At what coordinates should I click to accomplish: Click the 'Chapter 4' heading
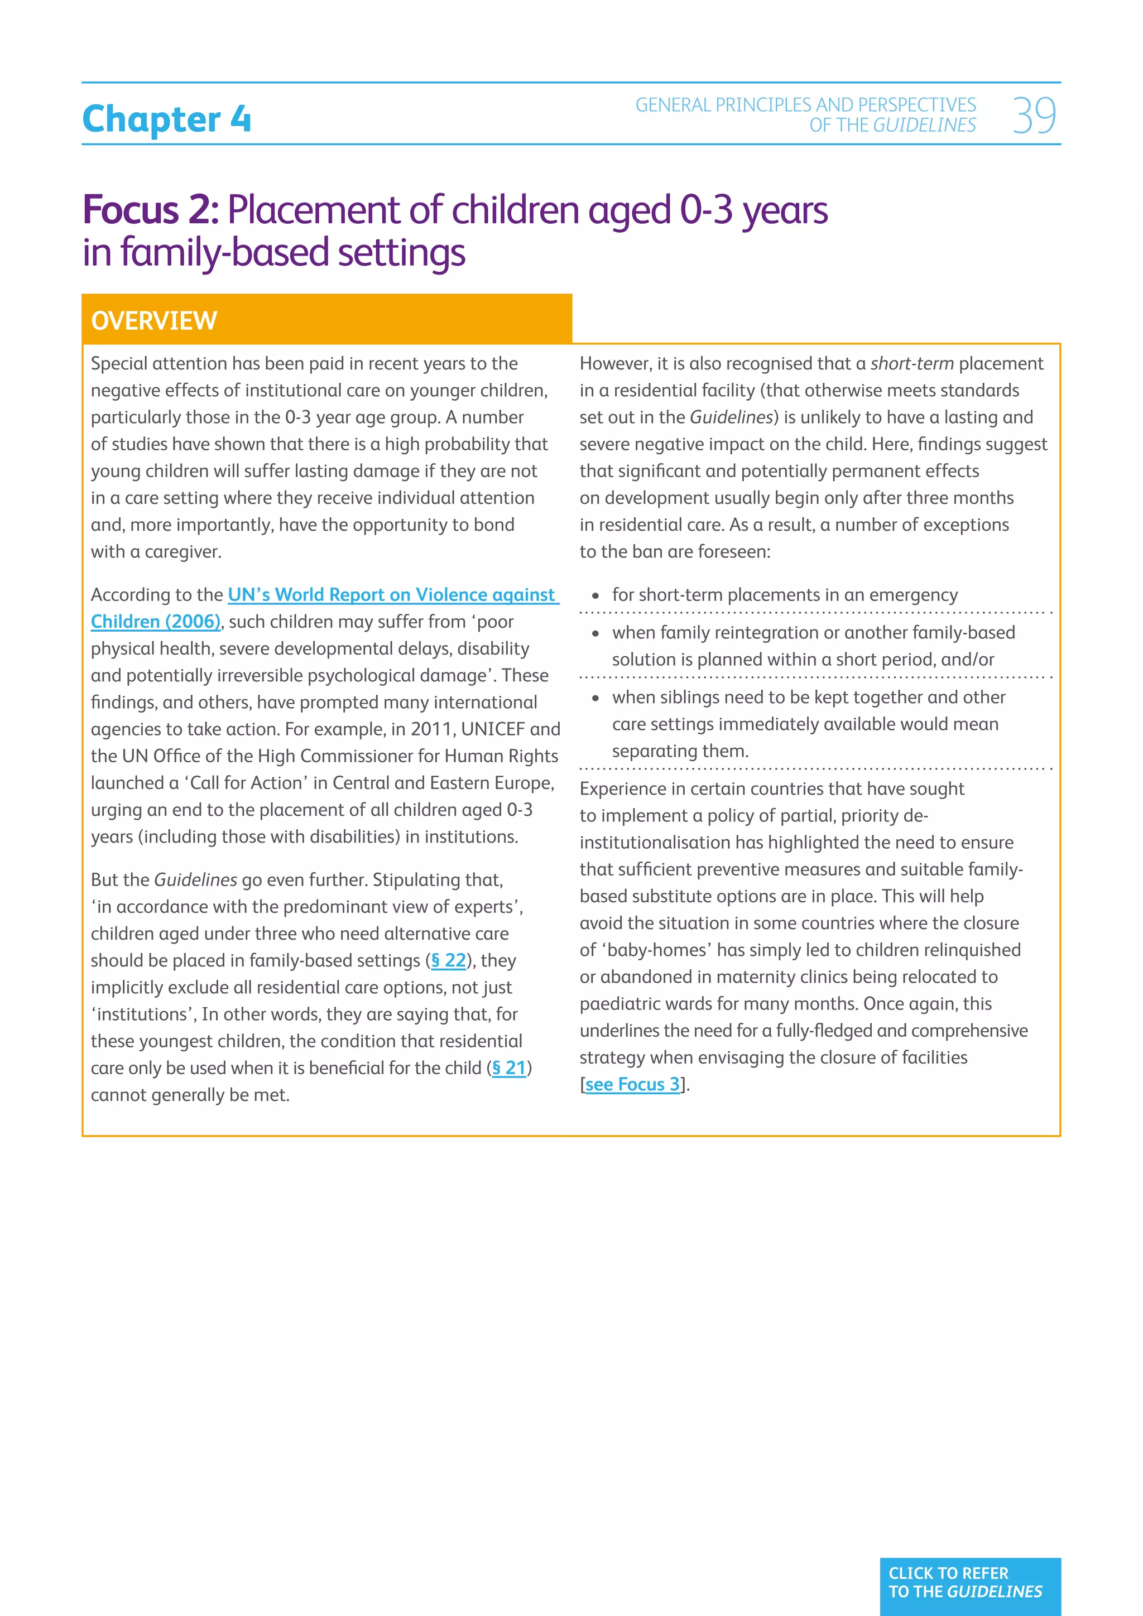point(167,119)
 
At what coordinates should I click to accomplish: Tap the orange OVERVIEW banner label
point(153,321)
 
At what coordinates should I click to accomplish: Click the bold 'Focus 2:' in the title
point(151,210)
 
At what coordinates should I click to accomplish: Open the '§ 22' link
point(448,961)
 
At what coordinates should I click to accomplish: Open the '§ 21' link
point(509,1069)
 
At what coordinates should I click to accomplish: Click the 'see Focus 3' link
point(632,1085)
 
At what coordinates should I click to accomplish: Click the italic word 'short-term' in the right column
point(911,364)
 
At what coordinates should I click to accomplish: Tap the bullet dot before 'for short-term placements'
point(595,596)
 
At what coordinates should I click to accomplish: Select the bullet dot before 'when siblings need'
point(595,698)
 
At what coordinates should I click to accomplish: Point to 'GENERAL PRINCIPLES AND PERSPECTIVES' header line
point(805,105)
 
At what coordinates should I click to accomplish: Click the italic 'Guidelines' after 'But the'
point(195,881)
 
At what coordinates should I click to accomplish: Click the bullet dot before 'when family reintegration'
point(595,633)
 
